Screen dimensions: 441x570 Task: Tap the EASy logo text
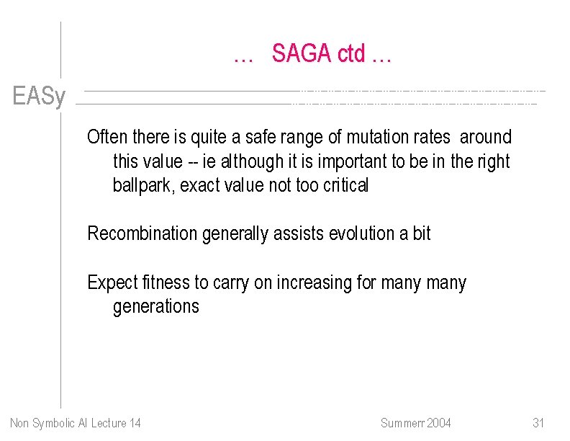point(39,97)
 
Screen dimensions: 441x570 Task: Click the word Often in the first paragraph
point(106,137)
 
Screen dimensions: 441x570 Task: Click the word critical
point(345,185)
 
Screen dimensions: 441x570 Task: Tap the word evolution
point(363,233)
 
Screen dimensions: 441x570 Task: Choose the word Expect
point(110,282)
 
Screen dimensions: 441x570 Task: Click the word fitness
point(166,282)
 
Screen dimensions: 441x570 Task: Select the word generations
point(155,307)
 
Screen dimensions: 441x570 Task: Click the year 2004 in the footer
point(438,422)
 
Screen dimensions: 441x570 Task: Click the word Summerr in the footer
point(402,422)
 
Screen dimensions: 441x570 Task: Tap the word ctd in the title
point(353,53)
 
